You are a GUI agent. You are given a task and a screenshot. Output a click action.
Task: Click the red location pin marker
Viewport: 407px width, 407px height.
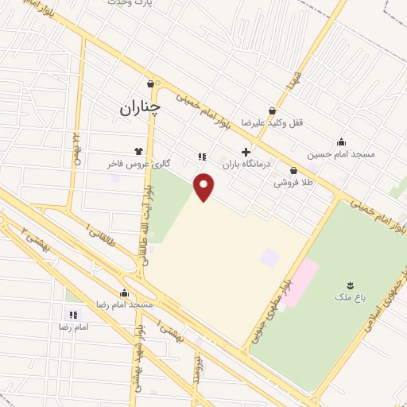click(205, 187)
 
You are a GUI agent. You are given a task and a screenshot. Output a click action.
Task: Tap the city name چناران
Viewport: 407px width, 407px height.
click(140, 107)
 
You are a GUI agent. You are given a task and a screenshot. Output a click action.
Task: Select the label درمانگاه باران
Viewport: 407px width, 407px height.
click(246, 164)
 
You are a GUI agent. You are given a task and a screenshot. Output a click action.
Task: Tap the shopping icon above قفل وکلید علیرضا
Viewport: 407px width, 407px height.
click(273, 111)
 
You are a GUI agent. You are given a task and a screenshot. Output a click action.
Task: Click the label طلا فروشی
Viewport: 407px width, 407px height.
click(293, 182)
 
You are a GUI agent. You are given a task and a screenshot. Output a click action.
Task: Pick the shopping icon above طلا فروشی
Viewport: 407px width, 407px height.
click(293, 170)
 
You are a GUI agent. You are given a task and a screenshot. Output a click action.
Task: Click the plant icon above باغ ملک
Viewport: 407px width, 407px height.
click(348, 285)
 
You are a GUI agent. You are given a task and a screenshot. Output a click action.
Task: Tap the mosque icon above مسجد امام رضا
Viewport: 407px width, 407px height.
click(123, 293)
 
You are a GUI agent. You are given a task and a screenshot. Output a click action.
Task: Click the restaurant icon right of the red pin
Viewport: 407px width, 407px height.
click(203, 157)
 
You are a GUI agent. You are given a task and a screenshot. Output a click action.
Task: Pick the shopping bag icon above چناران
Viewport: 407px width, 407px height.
click(150, 83)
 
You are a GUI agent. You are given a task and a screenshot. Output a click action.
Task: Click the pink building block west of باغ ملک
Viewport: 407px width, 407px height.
click(298, 283)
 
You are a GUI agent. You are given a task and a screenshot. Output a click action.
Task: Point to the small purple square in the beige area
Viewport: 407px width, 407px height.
click(270, 258)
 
